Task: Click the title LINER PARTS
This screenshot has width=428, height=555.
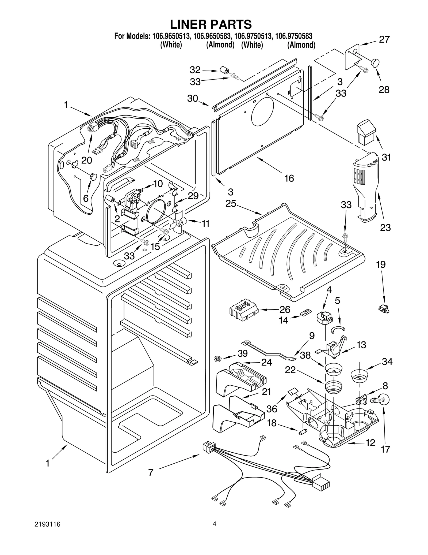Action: point(211,24)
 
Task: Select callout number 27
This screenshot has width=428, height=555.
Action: point(384,40)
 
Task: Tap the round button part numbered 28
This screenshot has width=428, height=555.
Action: point(375,63)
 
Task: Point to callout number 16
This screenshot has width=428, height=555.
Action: point(289,178)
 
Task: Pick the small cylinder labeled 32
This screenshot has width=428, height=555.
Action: point(224,70)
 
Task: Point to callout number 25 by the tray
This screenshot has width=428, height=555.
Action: point(231,203)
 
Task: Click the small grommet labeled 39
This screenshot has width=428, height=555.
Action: point(218,358)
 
